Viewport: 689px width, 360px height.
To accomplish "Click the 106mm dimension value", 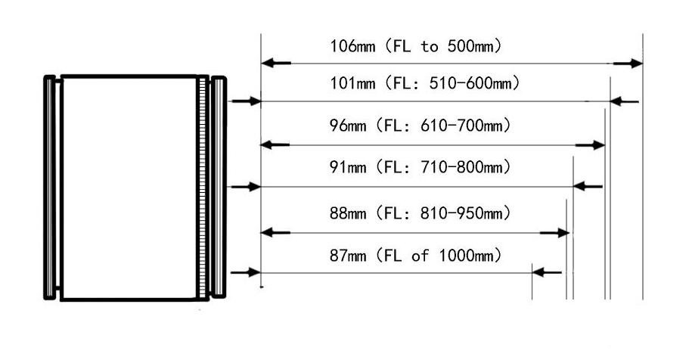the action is click(352, 46).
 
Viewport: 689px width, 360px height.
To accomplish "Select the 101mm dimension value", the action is click(352, 83).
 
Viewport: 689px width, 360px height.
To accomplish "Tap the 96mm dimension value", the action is click(348, 126).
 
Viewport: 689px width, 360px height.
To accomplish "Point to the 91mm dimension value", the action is click(348, 167).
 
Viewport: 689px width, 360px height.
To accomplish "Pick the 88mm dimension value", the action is click(348, 213).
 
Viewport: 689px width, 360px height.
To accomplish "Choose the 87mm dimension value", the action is click(348, 256).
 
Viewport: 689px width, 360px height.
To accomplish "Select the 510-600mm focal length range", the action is click(470, 83).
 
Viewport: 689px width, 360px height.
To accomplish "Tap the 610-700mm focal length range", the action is click(461, 126).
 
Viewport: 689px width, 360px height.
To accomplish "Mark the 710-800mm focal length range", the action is click(461, 167).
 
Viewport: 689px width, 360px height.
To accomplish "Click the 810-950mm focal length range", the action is click(461, 213).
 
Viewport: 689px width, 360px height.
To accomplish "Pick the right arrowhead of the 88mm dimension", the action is click(563, 233).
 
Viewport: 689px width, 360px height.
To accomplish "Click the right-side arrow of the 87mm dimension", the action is click(547, 272).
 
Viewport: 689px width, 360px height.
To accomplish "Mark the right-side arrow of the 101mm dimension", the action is click(625, 102).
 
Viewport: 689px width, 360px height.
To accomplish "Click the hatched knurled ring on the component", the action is click(202, 188).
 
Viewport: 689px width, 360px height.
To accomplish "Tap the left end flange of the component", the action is click(50, 188).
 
